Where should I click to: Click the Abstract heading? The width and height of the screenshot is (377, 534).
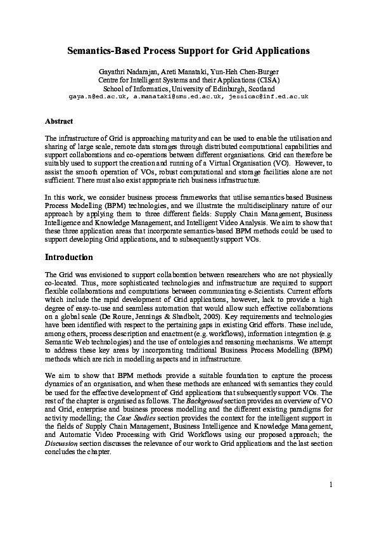coord(59,120)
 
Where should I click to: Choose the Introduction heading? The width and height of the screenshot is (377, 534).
coord(69,257)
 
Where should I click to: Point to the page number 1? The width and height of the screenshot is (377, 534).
coord(331,485)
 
